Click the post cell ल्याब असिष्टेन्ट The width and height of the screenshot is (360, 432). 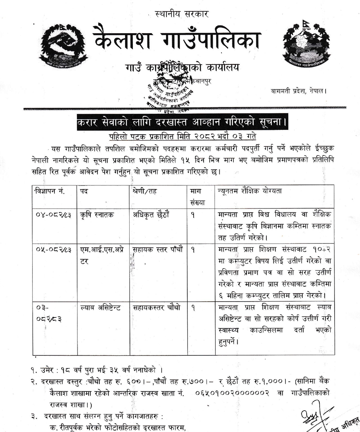click(x=100, y=308)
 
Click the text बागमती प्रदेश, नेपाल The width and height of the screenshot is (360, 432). click(x=299, y=91)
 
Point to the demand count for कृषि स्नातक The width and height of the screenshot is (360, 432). click(x=193, y=215)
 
